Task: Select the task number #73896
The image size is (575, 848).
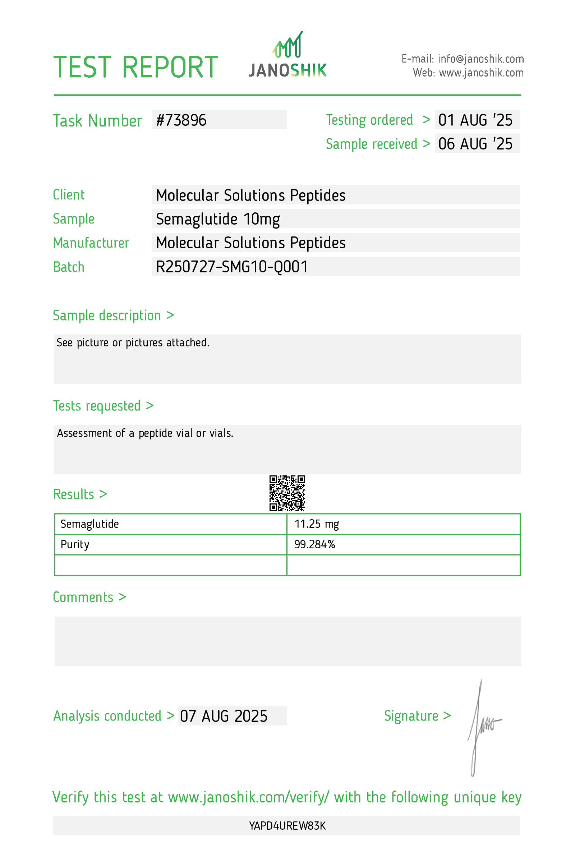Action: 181,120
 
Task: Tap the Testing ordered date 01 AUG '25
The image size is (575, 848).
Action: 475,120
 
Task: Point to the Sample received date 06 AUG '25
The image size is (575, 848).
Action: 475,144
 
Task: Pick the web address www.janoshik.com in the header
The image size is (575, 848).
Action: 481,73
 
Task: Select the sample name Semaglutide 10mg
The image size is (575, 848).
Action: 218,219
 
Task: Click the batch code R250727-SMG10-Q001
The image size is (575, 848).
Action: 232,267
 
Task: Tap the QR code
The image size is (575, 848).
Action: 287,493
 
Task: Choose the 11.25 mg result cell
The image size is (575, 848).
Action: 317,524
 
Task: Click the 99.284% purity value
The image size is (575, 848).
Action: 314,545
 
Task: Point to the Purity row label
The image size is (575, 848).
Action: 75,545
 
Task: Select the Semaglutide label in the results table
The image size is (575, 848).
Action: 90,524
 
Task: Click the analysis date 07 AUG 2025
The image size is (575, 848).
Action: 224,716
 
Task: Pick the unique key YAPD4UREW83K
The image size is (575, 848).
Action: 287,826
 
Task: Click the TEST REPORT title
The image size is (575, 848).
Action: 135,68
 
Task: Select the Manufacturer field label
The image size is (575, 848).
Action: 91,243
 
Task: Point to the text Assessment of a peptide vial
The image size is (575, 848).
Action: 145,433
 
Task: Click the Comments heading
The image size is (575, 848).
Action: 89,597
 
